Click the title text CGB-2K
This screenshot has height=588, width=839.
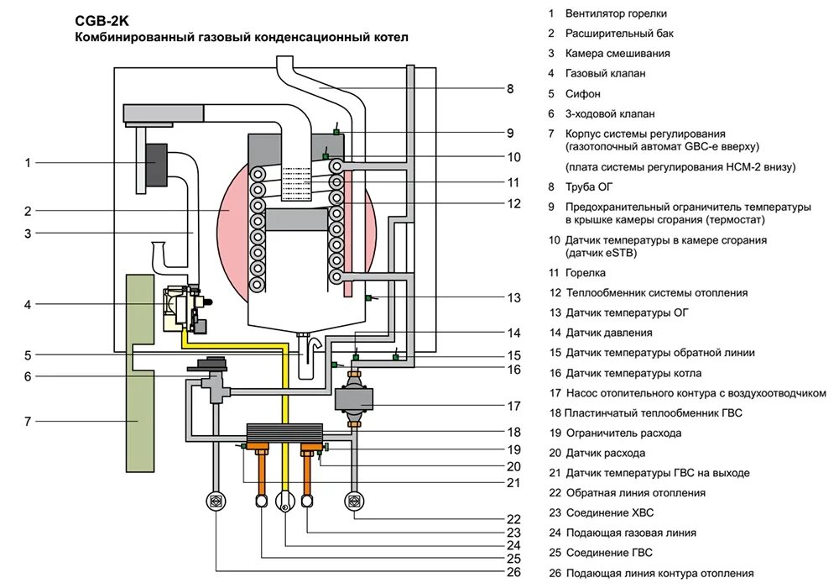pyautogui.click(x=102, y=21)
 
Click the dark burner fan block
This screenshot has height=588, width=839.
pyautogui.click(x=156, y=165)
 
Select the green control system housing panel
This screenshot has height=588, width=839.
pyautogui.click(x=140, y=373)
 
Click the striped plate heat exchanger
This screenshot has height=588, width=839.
pyautogui.click(x=284, y=433)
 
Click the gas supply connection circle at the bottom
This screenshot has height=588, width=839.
pyautogui.click(x=284, y=501)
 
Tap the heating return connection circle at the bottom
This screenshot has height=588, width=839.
pyautogui.click(x=354, y=501)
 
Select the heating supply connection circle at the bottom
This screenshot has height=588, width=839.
pyautogui.click(x=216, y=501)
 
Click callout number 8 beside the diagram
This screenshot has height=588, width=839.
pyautogui.click(x=510, y=89)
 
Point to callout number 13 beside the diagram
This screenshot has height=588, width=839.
pyautogui.click(x=513, y=297)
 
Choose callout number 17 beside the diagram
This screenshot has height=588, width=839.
pyautogui.click(x=513, y=406)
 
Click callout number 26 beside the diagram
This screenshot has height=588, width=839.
pyautogui.click(x=513, y=572)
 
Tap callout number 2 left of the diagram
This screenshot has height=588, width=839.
pyautogui.click(x=28, y=211)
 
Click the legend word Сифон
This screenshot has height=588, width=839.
pyautogui.click(x=583, y=94)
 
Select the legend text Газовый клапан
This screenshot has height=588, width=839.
pyautogui.click(x=605, y=73)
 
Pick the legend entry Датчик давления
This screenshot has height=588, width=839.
pyautogui.click(x=609, y=333)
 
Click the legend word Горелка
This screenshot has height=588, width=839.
pyautogui.click(x=586, y=272)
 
